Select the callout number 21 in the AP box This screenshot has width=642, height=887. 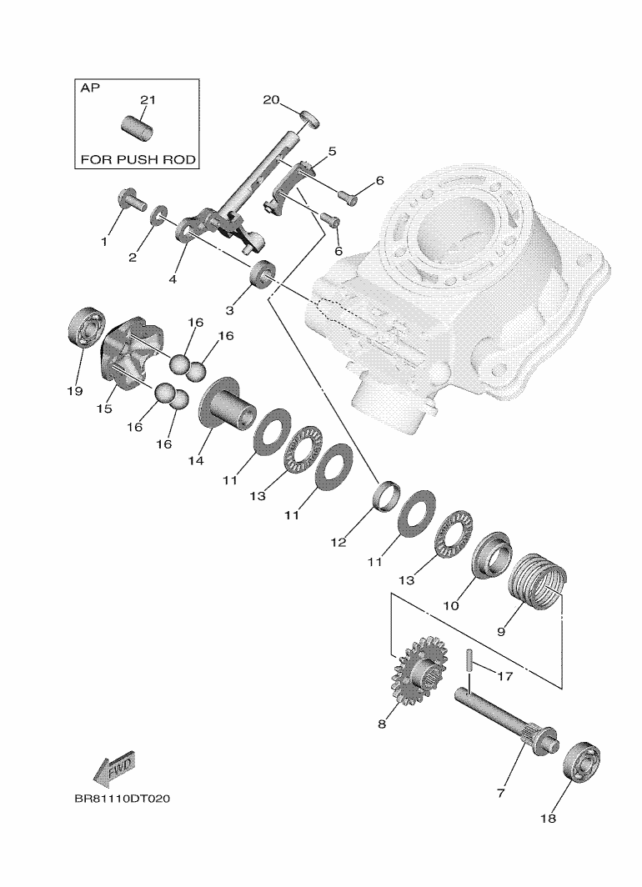[x=148, y=100]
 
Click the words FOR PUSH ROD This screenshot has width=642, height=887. [x=138, y=158]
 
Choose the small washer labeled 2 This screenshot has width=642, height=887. [x=158, y=220]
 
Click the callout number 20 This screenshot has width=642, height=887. [x=271, y=100]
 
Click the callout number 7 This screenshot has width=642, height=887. [x=501, y=793]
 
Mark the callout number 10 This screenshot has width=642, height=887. [x=451, y=606]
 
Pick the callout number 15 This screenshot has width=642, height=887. [x=104, y=409]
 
